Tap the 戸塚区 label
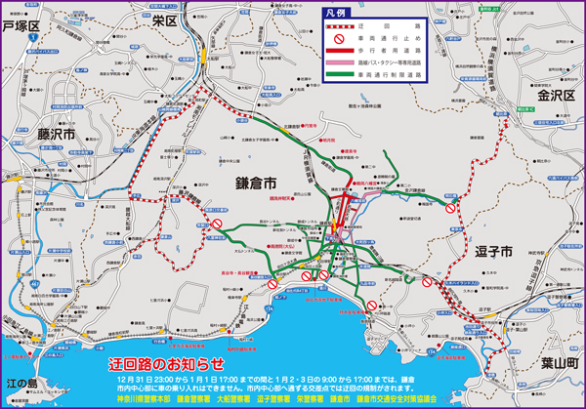point(23,27)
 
